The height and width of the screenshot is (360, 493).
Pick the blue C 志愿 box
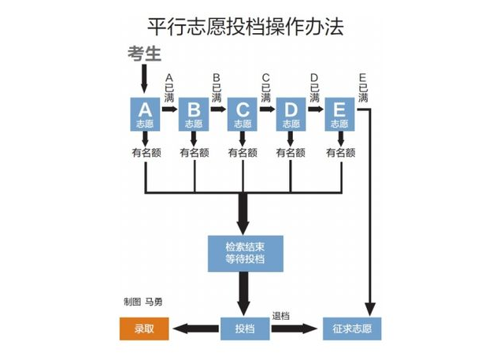click(243, 115)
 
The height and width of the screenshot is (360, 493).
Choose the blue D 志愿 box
click(291, 115)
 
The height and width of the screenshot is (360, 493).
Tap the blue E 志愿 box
click(339, 115)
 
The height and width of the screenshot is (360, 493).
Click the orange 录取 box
click(144, 328)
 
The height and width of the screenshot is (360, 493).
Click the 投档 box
click(245, 328)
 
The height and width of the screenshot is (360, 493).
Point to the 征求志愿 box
click(351, 328)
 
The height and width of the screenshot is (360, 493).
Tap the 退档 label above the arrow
click(281, 315)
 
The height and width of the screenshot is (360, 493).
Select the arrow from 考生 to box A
click(144, 80)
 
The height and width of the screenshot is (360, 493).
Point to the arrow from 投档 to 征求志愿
click(295, 328)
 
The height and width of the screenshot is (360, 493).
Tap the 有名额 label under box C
click(243, 154)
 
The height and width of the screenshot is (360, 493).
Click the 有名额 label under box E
click(339, 154)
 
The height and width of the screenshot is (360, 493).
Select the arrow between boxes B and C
click(218, 110)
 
